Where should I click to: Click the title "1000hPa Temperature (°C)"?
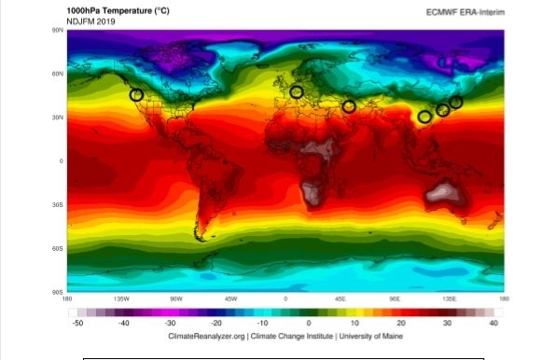[x=116, y=9]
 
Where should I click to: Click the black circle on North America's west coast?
[x=137, y=94]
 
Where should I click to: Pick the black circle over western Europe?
[x=297, y=91]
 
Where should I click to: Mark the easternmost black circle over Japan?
[x=456, y=102]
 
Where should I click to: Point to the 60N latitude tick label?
[x=58, y=74]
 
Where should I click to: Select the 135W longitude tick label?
[x=120, y=299]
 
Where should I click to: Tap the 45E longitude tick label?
[x=340, y=299]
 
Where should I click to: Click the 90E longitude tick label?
[x=395, y=299]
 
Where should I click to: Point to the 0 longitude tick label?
[x=285, y=299]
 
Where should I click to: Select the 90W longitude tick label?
[x=175, y=299]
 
